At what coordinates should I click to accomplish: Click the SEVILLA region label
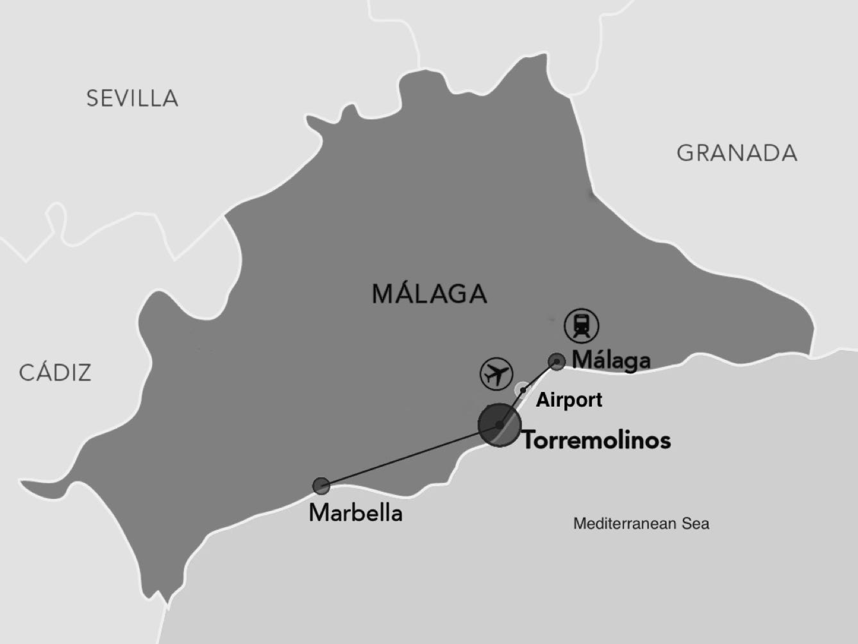pos(132,98)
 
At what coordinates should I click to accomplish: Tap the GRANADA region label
pos(737,153)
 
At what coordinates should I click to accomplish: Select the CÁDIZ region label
pos(55,373)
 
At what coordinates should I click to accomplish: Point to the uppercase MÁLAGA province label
pos(429,294)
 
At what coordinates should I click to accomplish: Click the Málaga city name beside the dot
pos(610,360)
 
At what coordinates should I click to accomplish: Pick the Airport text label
pos(569,400)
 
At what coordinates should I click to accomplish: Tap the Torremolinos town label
pos(596,440)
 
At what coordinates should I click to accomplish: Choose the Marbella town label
pos(355,513)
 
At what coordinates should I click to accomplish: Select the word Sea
pos(696,524)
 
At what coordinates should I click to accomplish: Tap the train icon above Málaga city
pos(581,325)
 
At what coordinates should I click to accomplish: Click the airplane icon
pos(496,373)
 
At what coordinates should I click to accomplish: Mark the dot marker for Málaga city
pos(557,362)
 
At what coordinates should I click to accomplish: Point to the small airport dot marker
pos(523,389)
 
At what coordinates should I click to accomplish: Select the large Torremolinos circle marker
pos(499,425)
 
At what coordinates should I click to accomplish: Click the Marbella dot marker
pos(321,486)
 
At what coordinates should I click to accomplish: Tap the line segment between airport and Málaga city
pos(541,375)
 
